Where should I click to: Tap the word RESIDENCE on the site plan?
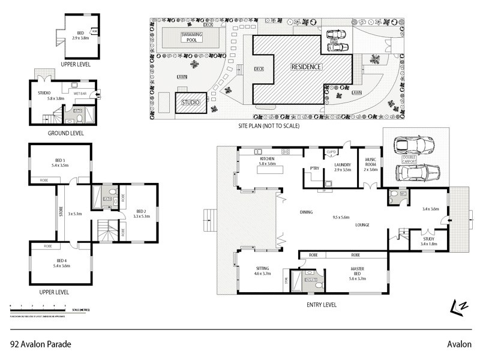pyautogui.click(x=306, y=67)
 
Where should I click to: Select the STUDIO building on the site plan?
pyautogui.click(x=191, y=103)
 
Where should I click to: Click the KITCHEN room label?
pyautogui.click(x=267, y=159)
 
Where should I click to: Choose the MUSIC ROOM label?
pyautogui.click(x=371, y=164)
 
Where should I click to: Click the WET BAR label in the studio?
pyautogui.click(x=80, y=94)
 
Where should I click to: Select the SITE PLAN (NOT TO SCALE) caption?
pyautogui.click(x=266, y=126)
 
